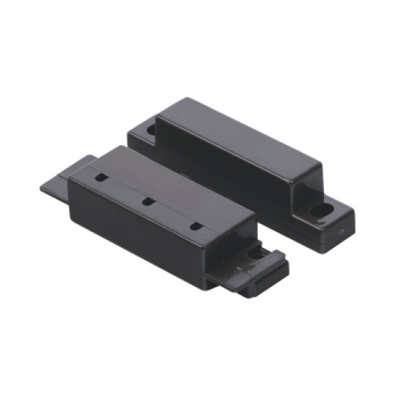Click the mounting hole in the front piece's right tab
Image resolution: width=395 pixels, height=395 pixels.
click(x=256, y=254)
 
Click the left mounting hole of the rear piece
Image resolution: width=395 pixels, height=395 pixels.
click(x=153, y=132)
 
